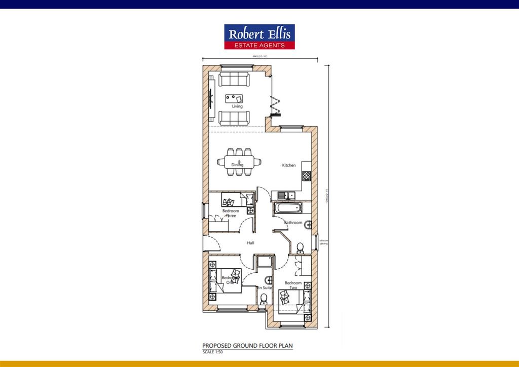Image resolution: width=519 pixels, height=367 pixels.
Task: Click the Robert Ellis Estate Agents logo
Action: (x=259, y=37)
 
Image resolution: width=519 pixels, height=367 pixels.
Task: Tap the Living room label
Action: (x=237, y=106)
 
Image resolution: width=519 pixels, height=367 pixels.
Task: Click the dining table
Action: (x=239, y=162)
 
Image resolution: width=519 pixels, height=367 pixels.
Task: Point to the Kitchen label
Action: (x=289, y=165)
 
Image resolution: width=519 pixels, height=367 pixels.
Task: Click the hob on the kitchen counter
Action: (x=307, y=175)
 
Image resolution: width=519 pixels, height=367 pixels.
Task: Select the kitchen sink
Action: (x=286, y=195)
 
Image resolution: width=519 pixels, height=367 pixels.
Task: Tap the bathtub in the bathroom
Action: (x=287, y=208)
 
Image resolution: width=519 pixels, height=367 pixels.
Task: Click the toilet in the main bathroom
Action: (x=300, y=248)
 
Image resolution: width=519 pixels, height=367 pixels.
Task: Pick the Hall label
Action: (x=250, y=243)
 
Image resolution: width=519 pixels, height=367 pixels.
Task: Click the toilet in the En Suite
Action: (x=264, y=300)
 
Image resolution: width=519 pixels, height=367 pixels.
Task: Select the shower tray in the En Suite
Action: (x=264, y=262)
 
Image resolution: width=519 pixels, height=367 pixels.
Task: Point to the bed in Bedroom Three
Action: (x=234, y=200)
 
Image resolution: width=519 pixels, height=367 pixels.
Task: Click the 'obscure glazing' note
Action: (x=323, y=242)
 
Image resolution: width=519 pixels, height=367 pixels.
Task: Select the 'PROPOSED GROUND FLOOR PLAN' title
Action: (x=247, y=346)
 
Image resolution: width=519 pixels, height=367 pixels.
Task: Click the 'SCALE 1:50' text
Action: (x=213, y=352)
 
